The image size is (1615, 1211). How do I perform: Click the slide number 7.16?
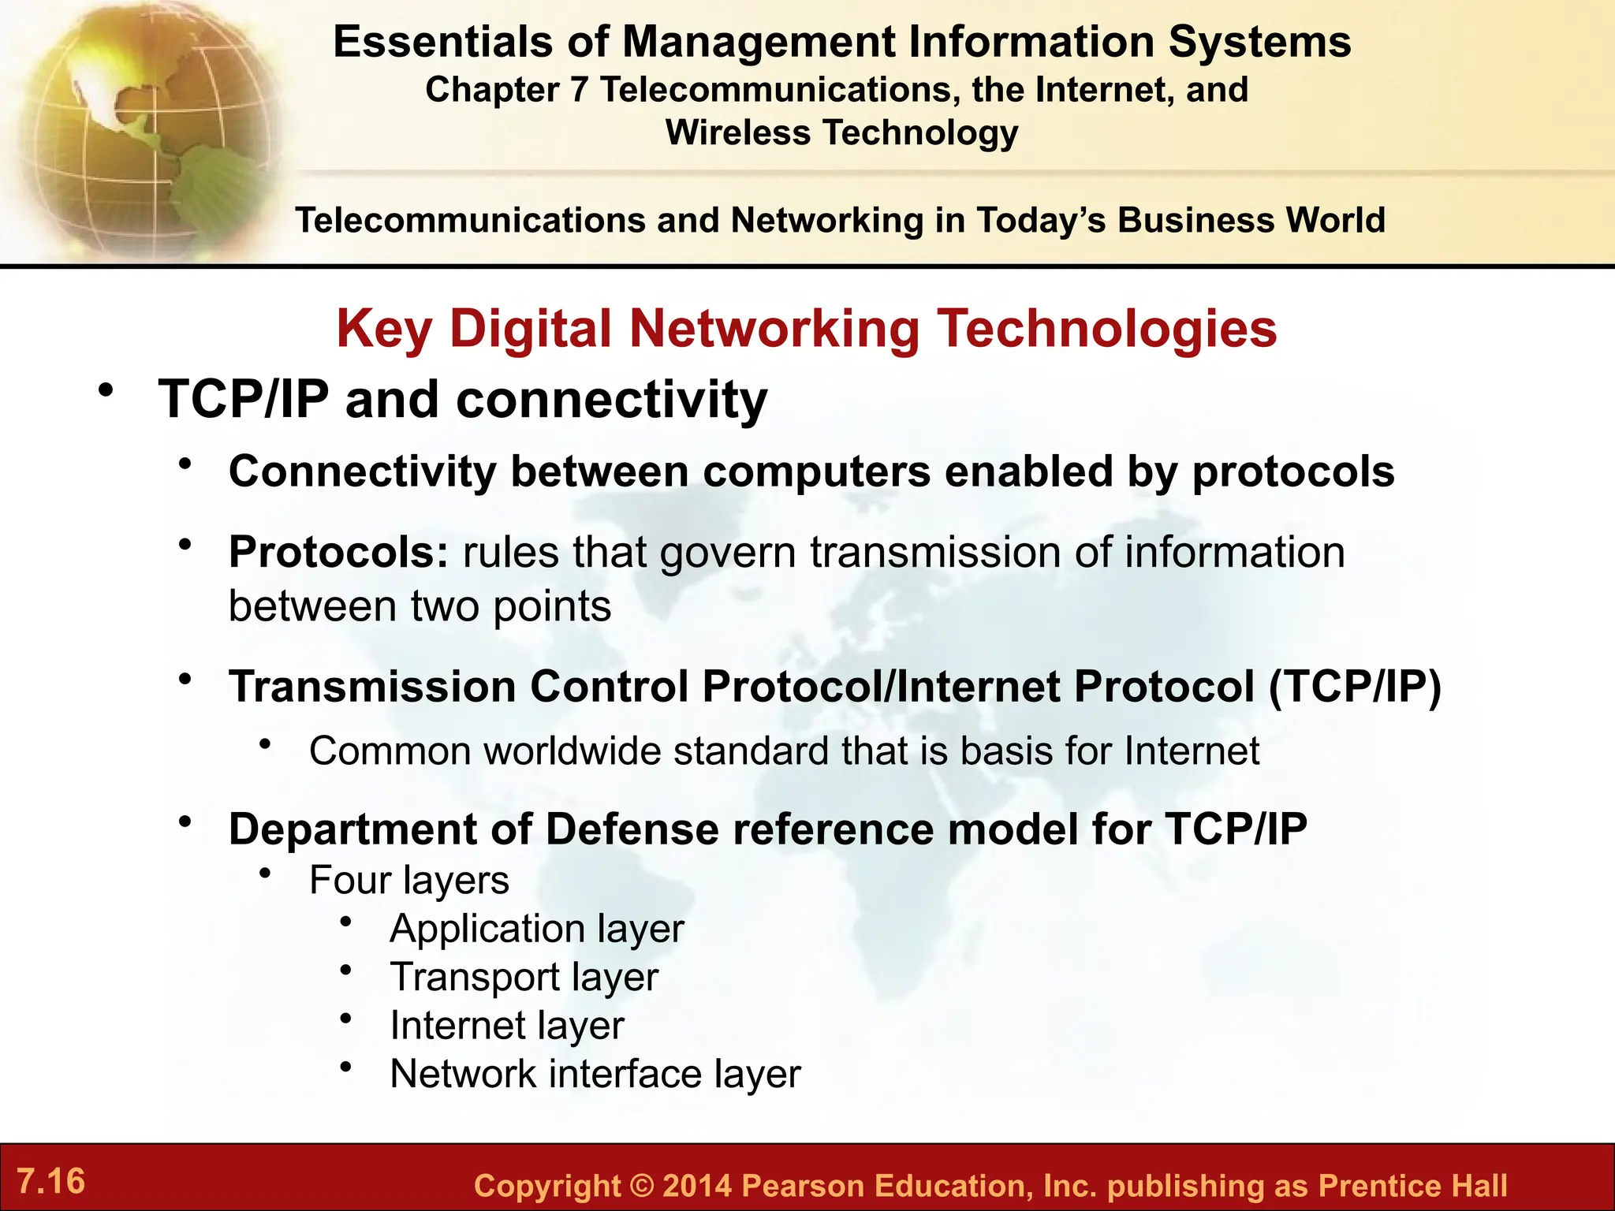50,1181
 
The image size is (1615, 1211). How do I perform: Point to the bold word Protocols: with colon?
338,552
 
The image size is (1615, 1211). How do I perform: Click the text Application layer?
536,928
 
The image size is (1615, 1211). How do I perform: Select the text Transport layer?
524,977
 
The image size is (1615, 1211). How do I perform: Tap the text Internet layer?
506,1026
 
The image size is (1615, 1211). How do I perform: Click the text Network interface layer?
595,1074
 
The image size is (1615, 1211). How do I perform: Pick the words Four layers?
408,880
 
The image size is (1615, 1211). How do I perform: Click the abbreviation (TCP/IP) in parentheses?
1354,686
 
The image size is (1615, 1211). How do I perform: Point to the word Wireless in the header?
737,132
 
